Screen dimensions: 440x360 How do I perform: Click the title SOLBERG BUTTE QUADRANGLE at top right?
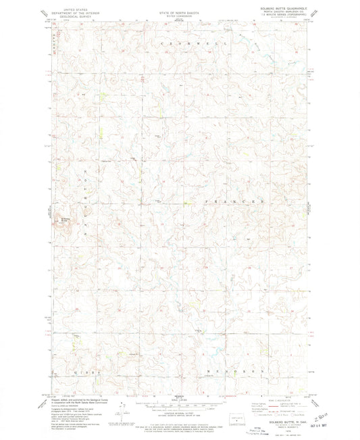pyautogui.click(x=287, y=9)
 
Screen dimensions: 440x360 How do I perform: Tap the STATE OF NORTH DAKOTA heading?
pyautogui.click(x=180, y=9)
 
